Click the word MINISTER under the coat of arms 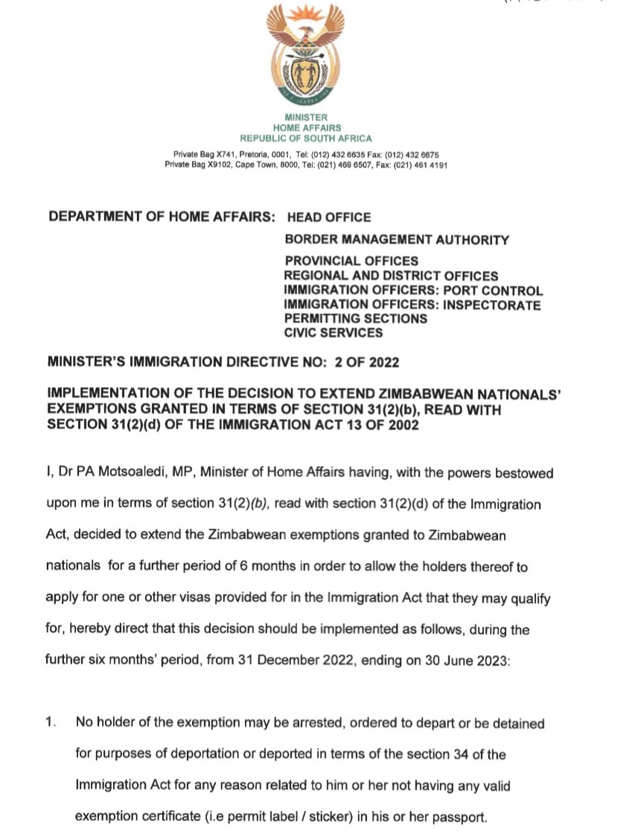tap(305, 118)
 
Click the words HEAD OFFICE tap(328, 217)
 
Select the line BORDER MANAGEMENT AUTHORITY tap(397, 240)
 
